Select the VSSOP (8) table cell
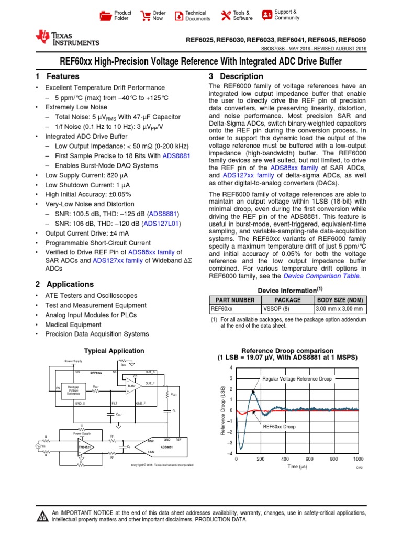pyautogui.click(x=288, y=309)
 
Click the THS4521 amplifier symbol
pyautogui.click(x=83, y=447)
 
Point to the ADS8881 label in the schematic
pyautogui.click(x=167, y=447)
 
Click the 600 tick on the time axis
pyautogui.click(x=309, y=459)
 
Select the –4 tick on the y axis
pyautogui.click(x=230, y=453)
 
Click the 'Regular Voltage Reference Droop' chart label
pyautogui.click(x=297, y=378)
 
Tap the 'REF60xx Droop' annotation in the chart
pyautogui.click(x=279, y=427)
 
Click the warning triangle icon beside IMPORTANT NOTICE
pyautogui.click(x=41, y=517)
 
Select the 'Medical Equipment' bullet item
pyautogui.click(x=73, y=325)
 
